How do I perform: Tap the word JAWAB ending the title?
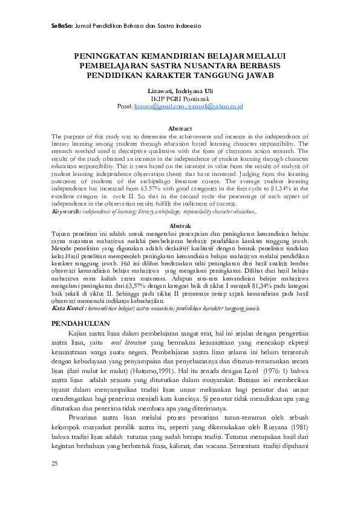pyautogui.click(x=257, y=75)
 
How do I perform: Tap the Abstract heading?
pyautogui.click(x=180, y=129)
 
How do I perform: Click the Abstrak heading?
pyautogui.click(x=180, y=225)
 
